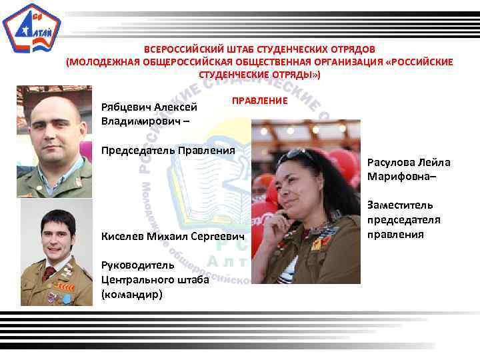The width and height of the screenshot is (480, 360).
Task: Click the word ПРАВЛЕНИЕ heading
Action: coord(259,100)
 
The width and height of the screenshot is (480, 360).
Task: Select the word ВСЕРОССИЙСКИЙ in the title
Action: coord(181,49)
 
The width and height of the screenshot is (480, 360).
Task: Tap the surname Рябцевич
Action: coord(126,107)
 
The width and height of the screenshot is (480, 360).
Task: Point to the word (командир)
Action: coord(131,293)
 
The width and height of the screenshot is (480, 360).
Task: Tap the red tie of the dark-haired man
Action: coord(48,272)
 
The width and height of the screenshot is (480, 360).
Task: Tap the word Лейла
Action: coord(436,162)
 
